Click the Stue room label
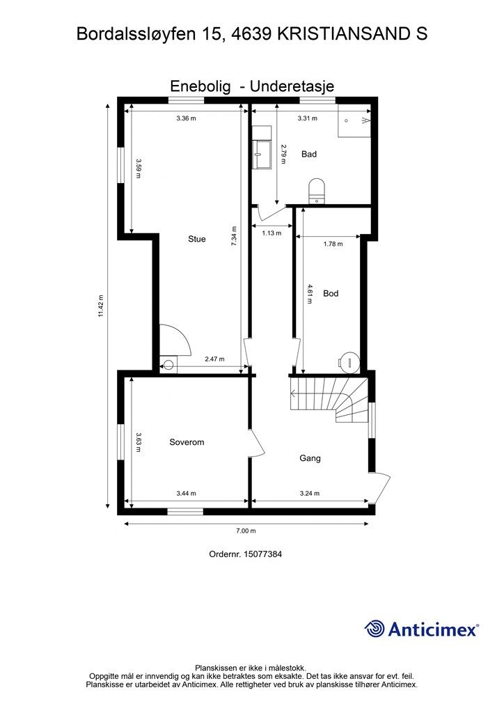click(197, 239)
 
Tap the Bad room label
click(309, 154)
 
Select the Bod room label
click(331, 293)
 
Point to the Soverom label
click(187, 442)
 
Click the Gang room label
click(310, 458)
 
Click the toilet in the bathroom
click(317, 191)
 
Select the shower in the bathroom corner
click(354, 120)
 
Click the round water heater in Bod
click(349, 362)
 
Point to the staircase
click(329, 399)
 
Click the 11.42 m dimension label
click(101, 306)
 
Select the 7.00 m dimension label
click(246, 531)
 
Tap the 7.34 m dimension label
click(234, 237)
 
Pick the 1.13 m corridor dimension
click(271, 233)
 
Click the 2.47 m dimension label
click(214, 359)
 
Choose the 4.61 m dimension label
click(310, 294)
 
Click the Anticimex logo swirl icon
click(375, 629)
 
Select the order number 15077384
click(262, 554)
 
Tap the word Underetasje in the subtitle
click(292, 86)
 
